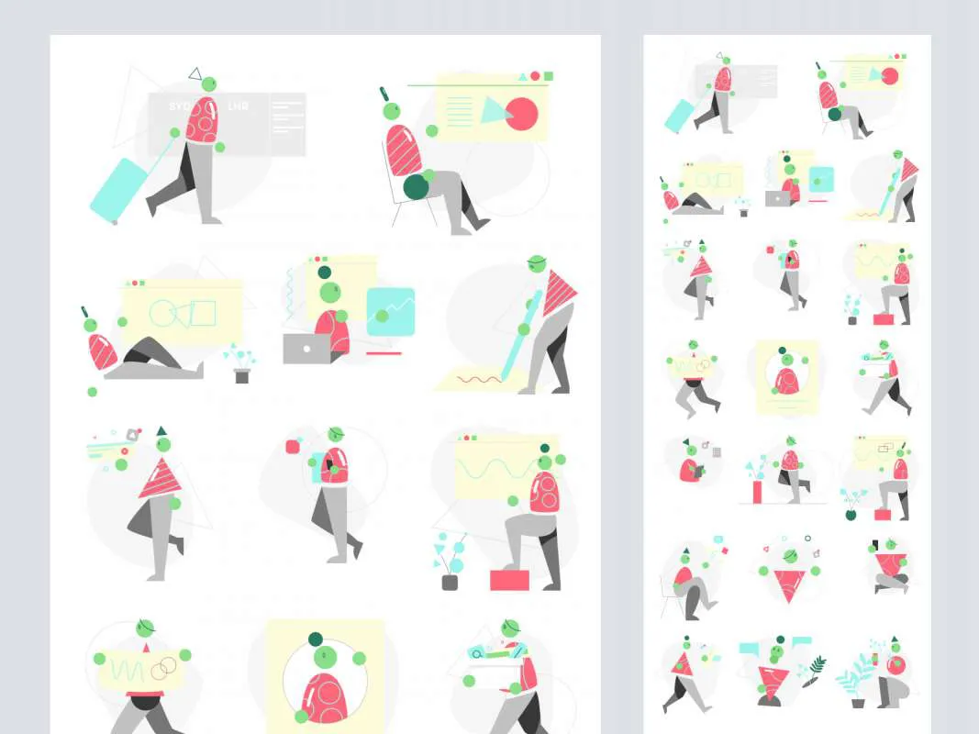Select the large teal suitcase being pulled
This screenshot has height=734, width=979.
pos(117,189)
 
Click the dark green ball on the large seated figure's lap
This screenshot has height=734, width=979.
pos(417,186)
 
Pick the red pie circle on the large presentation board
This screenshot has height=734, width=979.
pos(521,113)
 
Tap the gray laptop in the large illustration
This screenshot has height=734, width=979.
pos(306,349)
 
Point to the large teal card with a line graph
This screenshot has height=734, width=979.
pos(391,311)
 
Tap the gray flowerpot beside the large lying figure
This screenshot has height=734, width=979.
pos(242,375)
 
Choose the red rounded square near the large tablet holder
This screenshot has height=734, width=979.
pos(293,447)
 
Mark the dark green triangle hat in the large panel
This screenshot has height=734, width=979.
pos(161,430)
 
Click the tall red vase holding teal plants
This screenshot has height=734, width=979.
pos(758,492)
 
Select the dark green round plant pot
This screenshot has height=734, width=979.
pos(851,515)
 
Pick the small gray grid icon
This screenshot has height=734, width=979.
pos(717,452)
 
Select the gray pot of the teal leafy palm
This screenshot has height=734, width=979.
pos(858,703)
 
